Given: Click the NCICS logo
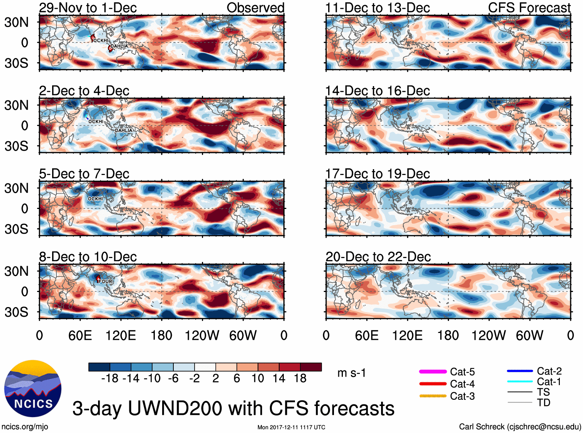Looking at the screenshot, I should pos(33,388).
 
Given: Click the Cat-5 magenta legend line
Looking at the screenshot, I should pos(433,372).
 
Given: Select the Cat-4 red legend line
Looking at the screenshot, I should pos(433,384).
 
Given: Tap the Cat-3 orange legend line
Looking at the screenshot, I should pos(433,396).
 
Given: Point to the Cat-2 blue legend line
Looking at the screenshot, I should pos(520,371).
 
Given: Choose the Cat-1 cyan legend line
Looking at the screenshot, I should pos(520,382).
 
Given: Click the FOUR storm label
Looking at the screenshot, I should pos(105,282).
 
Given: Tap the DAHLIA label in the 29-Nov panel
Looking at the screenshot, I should pos(119,46).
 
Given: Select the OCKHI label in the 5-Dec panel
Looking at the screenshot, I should pos(95,199).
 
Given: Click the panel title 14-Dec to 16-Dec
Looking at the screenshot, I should pos(378,91).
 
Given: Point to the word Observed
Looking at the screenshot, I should pos(255,8).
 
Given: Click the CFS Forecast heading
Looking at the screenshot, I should pos(529,8).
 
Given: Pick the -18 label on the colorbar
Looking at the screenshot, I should pos(110,379).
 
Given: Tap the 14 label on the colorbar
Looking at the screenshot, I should pos(279,379).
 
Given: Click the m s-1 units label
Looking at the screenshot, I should pos(351,373).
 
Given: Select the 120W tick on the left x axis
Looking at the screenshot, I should pos(202,335).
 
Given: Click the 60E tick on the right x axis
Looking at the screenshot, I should pos(366,335).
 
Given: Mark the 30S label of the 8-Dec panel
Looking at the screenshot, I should pos(17,312).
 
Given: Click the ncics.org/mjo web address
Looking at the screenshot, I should pos(25,427).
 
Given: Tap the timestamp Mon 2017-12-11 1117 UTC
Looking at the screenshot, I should pos(291,427).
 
